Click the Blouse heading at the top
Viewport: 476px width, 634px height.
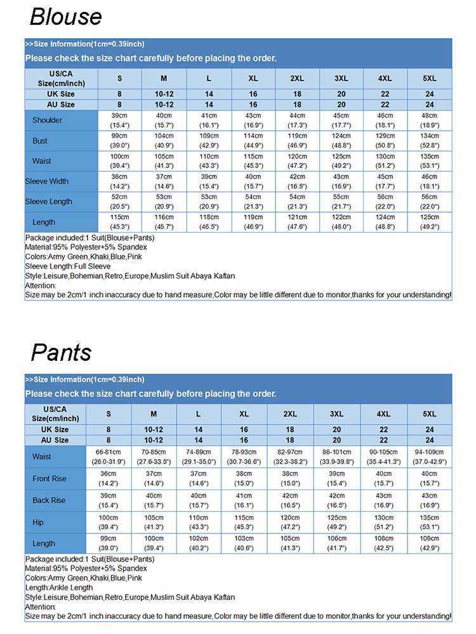coord(65,16)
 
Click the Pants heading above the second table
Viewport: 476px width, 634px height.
coord(61,352)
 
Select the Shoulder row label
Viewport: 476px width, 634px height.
coord(47,120)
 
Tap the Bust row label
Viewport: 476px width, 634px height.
coord(40,141)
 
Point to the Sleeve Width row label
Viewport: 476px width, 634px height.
coord(46,181)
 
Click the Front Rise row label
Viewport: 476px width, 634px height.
coord(49,479)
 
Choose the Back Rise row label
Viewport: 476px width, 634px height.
coord(49,500)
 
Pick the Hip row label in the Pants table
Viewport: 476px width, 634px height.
coord(39,522)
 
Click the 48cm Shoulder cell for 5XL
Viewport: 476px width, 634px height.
coord(430,120)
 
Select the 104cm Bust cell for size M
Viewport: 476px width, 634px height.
coord(164,141)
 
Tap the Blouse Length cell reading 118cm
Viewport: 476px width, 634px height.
coord(208,222)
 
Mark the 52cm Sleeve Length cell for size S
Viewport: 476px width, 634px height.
coord(120,202)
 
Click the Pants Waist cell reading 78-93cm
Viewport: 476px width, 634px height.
coord(244,456)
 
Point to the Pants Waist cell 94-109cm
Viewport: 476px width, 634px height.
coord(429,456)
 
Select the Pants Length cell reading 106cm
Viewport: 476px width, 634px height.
coord(336,543)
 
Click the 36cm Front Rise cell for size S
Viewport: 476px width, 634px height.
coord(109,479)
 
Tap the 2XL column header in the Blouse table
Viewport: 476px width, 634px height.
coord(297,79)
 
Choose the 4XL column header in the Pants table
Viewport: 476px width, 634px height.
coord(383,414)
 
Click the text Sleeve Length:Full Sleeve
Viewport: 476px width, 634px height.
coord(67,266)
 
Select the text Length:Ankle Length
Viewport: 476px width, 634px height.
coord(59,588)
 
